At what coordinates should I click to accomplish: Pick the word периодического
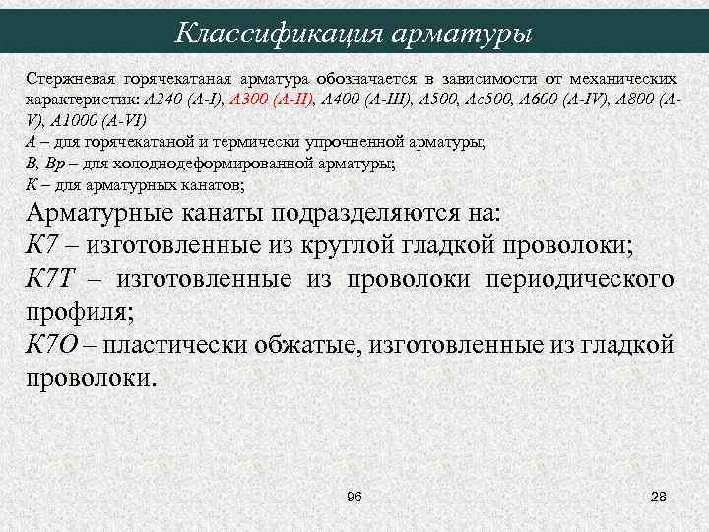tap(579, 280)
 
